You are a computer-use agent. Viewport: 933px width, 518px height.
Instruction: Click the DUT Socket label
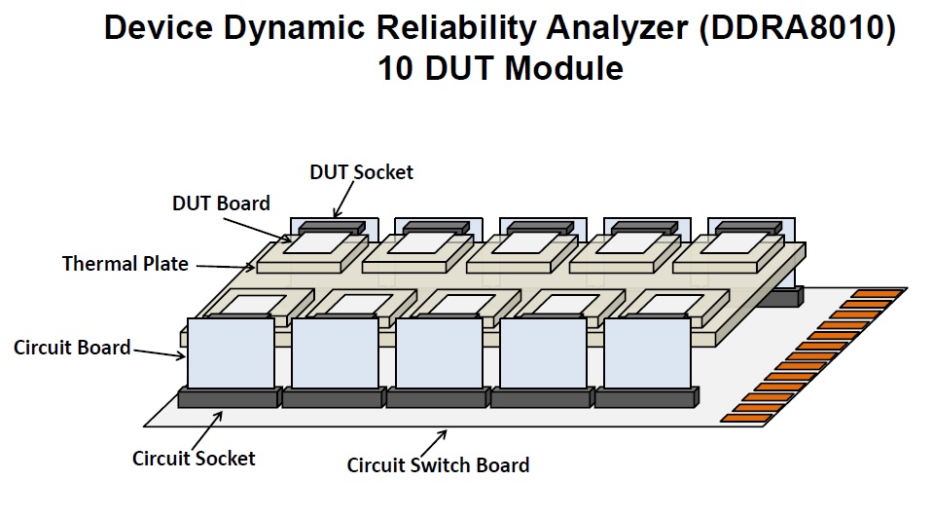(x=361, y=172)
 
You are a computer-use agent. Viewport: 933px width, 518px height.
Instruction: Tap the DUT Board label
(x=222, y=203)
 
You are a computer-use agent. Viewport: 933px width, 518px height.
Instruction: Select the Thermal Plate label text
(x=126, y=264)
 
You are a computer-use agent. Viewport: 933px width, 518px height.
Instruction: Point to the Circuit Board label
(x=72, y=347)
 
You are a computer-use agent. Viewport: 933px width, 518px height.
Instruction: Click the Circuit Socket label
(x=194, y=457)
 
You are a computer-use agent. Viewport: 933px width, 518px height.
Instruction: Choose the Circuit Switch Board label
(x=438, y=464)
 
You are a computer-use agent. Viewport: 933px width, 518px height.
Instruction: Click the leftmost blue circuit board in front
(x=230, y=352)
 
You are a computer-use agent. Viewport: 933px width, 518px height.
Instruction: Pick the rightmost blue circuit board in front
(x=647, y=352)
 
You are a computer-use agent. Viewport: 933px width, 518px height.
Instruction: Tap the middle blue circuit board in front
(x=439, y=352)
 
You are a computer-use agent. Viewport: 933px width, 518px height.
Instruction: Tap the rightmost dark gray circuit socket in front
(x=647, y=397)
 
